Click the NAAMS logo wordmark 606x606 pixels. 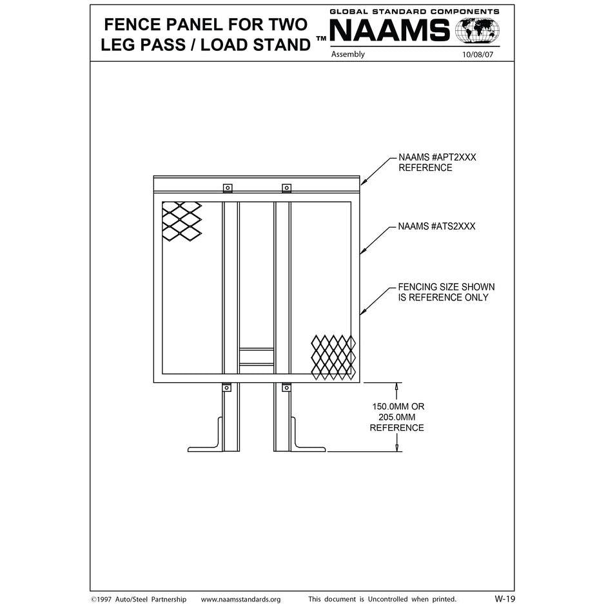pos(390,30)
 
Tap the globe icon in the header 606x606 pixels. pos(477,30)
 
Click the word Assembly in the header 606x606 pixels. pos(347,55)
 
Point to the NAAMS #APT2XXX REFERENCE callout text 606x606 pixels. pos(436,162)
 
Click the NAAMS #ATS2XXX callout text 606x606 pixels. pos(436,226)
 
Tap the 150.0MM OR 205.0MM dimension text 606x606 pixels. pos(398,417)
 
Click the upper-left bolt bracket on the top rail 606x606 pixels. pos(228,188)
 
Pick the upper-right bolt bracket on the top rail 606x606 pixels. pos(286,188)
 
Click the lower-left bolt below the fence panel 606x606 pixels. pos(227,388)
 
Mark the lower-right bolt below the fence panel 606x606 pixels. pos(286,388)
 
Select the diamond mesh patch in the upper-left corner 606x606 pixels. pos(181,221)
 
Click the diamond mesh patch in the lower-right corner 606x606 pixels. pos(333,356)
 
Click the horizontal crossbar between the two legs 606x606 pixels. pos(257,357)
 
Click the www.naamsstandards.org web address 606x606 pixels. pos(240,600)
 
